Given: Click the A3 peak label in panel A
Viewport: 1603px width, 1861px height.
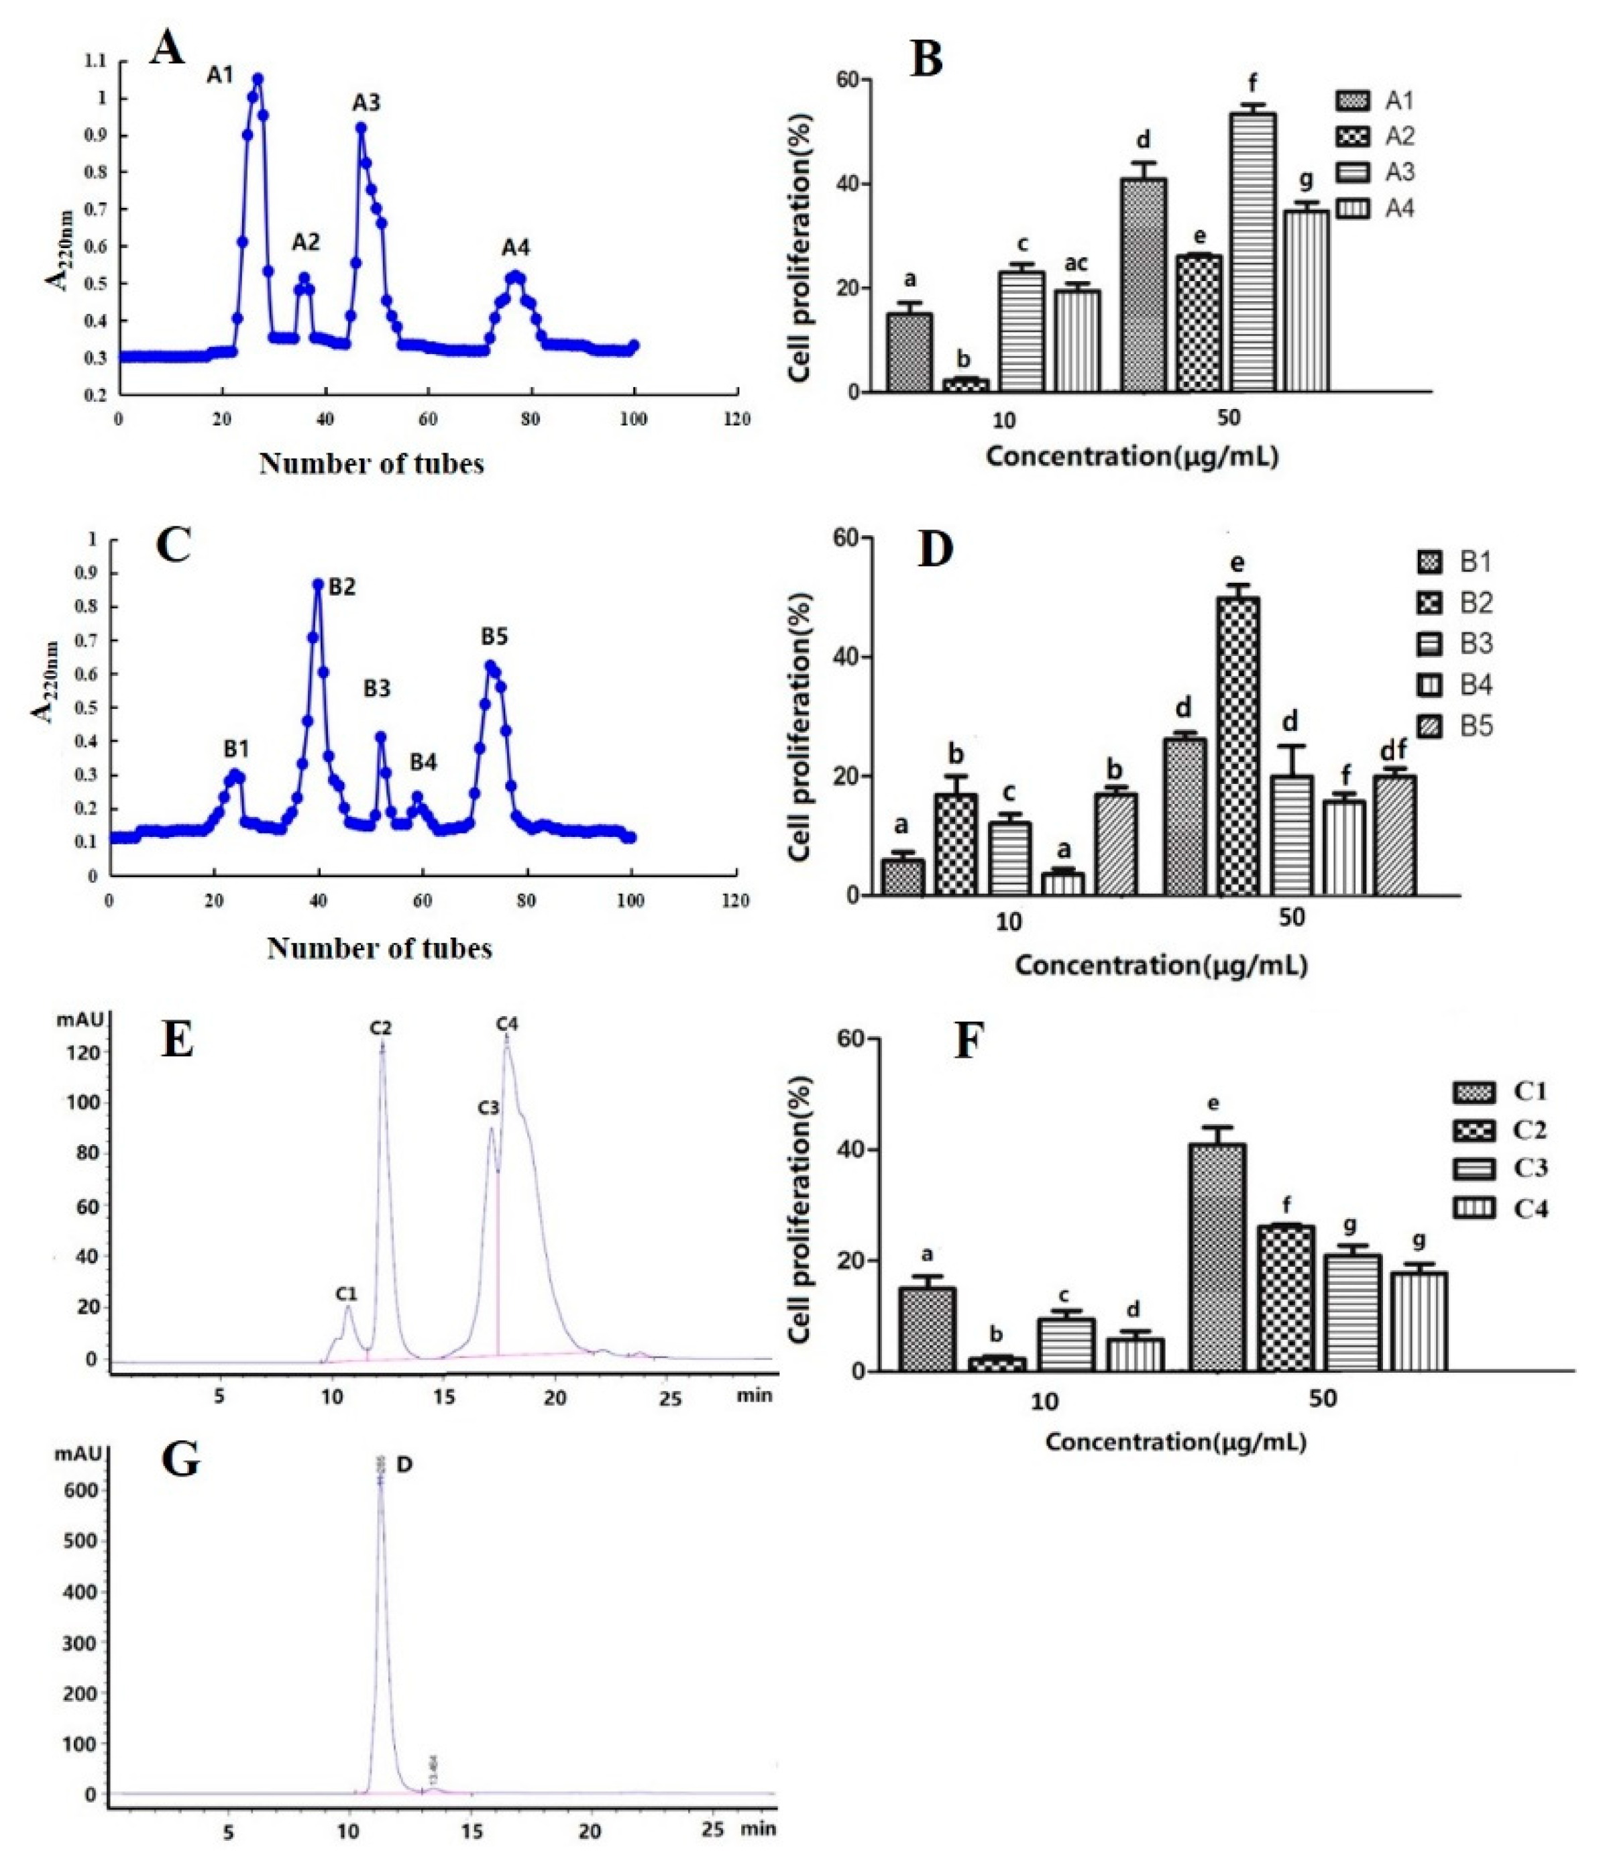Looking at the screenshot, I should click(x=366, y=103).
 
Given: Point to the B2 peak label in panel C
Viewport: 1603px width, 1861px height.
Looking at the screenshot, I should click(x=341, y=587).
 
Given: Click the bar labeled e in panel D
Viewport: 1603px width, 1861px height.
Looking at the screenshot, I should click(x=1237, y=746).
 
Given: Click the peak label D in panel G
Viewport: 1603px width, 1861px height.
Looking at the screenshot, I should click(x=404, y=1464).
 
